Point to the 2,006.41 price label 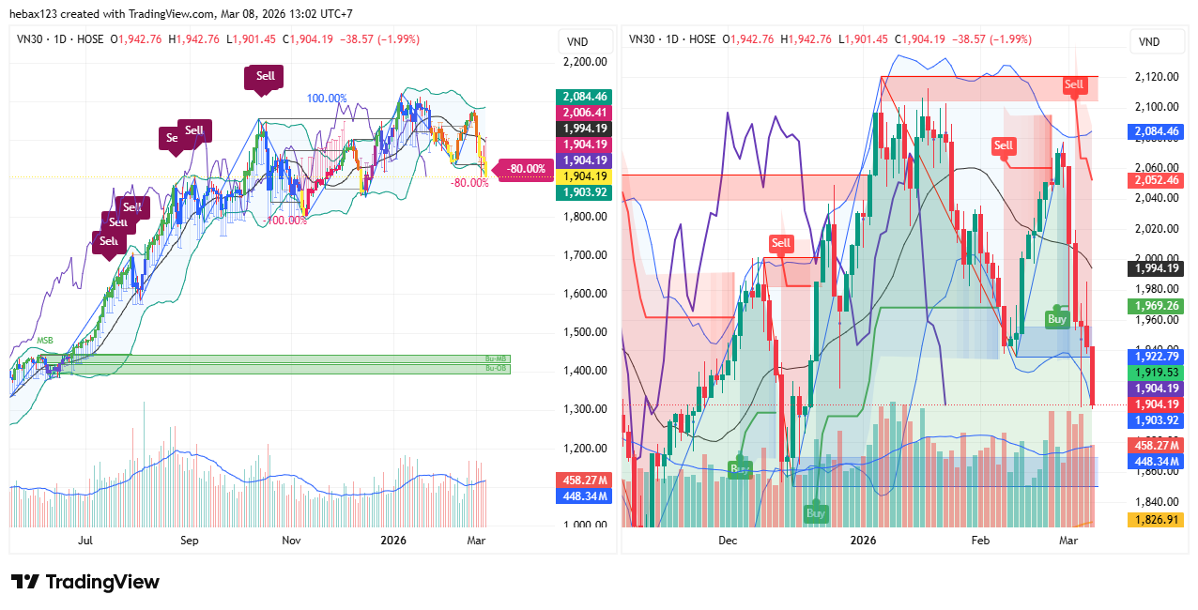pos(583,113)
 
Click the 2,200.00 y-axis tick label pos(583,62)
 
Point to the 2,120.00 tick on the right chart pos(1156,77)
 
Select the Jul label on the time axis pos(85,541)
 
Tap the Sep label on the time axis pos(190,541)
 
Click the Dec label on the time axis pos(728,541)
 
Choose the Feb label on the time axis pos(980,541)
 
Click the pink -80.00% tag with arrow pos(524,169)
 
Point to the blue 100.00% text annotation pos(327,99)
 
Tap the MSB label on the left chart pos(45,340)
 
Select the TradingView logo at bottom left pos(84,582)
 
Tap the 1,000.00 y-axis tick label pos(583,525)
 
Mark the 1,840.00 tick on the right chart pos(1156,502)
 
